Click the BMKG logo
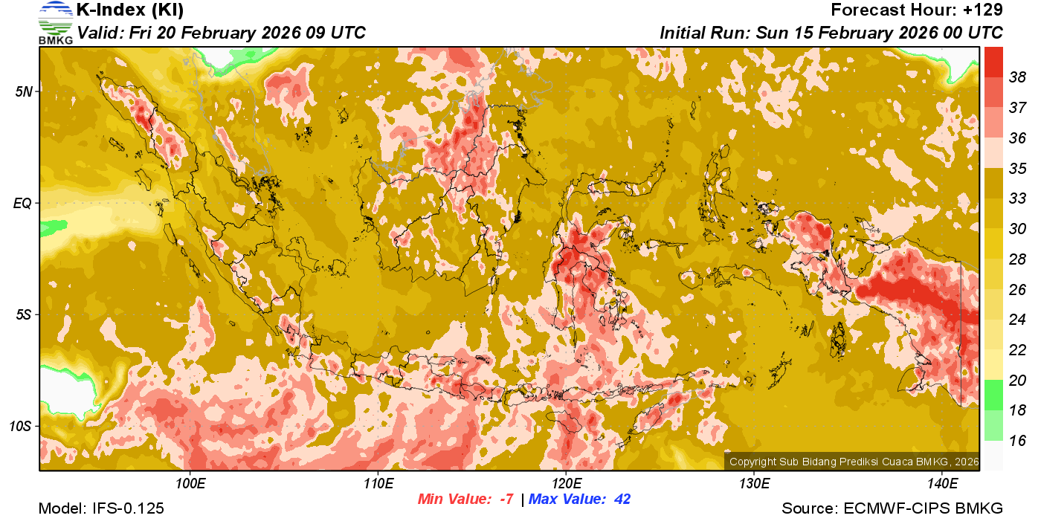56,22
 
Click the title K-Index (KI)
130,10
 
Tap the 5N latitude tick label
24,91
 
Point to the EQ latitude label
23,203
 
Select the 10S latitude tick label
21,427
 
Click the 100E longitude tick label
190,484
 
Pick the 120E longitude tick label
566,484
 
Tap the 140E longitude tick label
942,484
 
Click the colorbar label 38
1017,77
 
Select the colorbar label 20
1017,380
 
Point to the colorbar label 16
1017,441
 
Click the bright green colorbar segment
993,395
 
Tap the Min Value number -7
506,499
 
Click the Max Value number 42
622,499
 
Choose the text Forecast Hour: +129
917,10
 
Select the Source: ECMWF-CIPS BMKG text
892,508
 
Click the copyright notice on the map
854,462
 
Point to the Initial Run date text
831,33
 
